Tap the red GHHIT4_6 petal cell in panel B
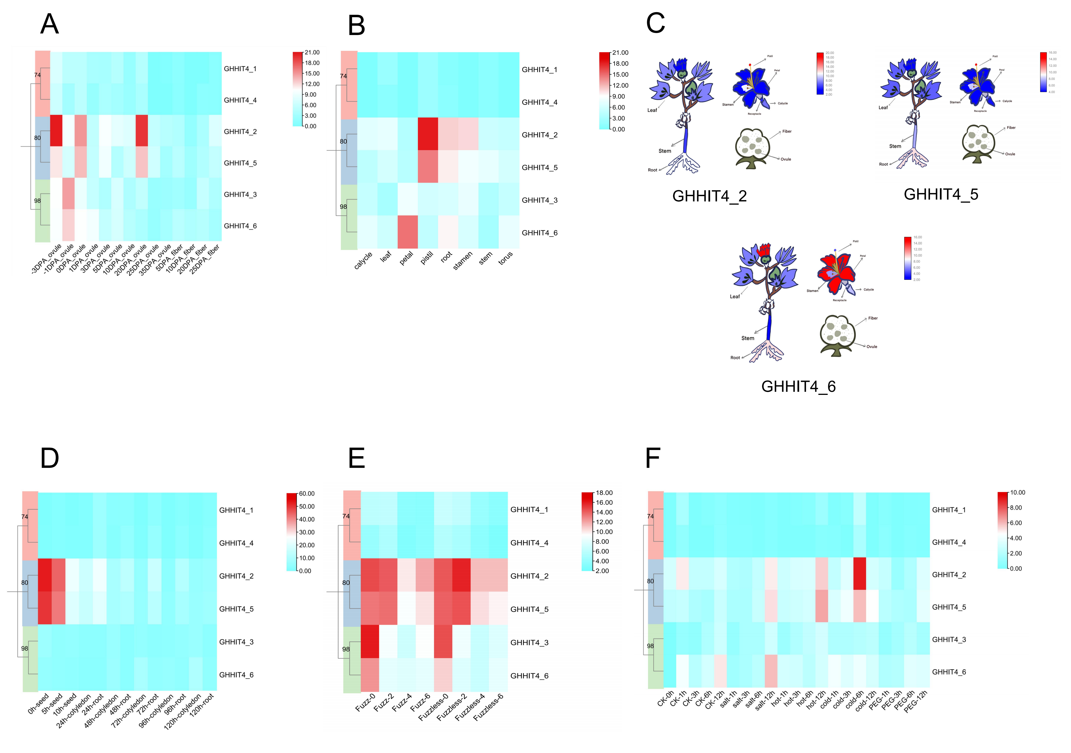click(407, 232)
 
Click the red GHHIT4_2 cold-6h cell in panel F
click(859, 574)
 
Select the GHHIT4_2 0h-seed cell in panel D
click(45, 575)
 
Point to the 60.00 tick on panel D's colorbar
click(307, 494)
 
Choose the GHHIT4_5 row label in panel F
click(949, 607)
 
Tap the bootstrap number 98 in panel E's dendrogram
click(346, 649)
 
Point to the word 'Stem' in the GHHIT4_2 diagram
click(665, 151)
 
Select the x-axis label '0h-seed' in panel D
click(38, 704)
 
